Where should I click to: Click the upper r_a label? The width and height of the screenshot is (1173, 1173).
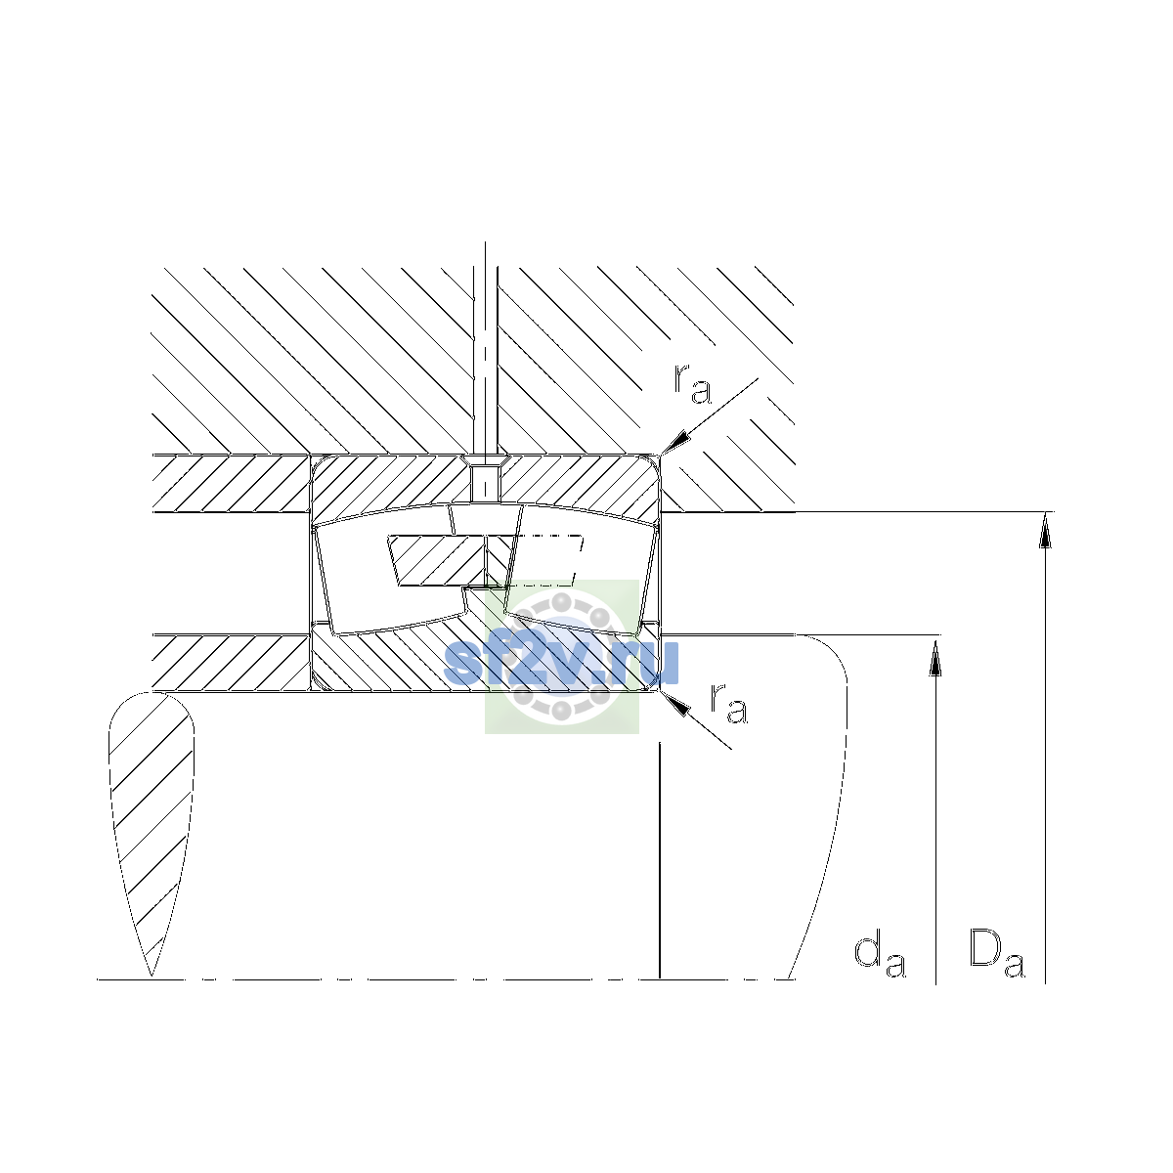click(x=692, y=385)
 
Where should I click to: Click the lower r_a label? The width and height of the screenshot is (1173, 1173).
click(x=728, y=704)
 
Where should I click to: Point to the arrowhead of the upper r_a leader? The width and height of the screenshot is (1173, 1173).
click(x=676, y=441)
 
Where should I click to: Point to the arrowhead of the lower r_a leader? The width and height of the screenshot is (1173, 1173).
click(x=675, y=703)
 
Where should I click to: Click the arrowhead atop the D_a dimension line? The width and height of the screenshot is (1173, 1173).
click(x=1045, y=530)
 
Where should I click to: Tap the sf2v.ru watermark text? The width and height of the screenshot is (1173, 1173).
click(x=561, y=663)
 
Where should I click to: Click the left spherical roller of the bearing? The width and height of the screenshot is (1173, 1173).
click(x=390, y=570)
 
